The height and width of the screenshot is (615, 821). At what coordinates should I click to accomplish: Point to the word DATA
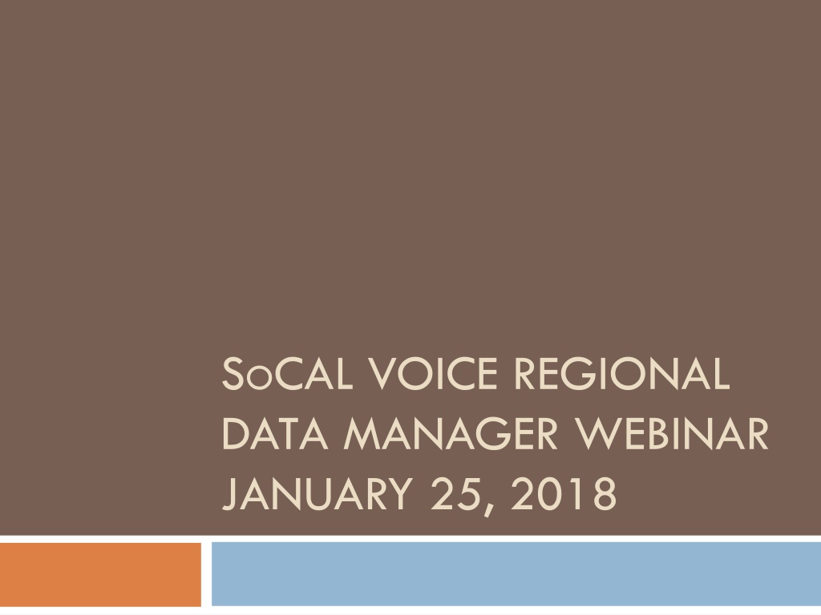276,433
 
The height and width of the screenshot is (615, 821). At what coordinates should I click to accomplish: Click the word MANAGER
451,433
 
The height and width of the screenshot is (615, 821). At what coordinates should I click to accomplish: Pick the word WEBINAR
671,433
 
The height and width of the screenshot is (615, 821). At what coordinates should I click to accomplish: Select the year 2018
564,493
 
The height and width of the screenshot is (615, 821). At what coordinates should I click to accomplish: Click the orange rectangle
100,574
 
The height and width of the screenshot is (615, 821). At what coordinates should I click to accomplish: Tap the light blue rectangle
516,573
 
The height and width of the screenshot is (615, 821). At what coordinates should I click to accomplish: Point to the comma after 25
488,508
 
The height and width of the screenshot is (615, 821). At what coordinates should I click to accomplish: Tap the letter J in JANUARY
229,495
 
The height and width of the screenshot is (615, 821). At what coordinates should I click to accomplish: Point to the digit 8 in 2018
605,493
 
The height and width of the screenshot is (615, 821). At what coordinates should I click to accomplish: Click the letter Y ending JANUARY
399,494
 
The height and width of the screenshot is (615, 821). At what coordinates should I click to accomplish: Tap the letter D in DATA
237,433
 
